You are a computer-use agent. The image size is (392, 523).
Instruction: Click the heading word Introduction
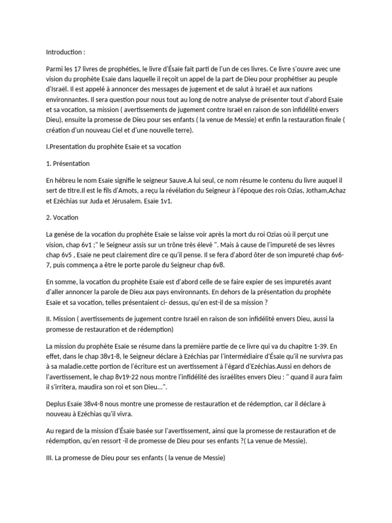click(x=64, y=52)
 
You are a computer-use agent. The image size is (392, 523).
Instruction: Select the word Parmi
click(x=55, y=68)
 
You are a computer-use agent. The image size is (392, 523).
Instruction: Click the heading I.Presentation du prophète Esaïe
click(x=113, y=147)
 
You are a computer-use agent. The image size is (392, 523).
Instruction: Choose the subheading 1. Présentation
click(x=68, y=163)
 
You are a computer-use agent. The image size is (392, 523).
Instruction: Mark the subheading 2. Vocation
click(x=62, y=217)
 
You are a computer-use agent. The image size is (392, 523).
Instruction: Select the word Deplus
click(x=57, y=403)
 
